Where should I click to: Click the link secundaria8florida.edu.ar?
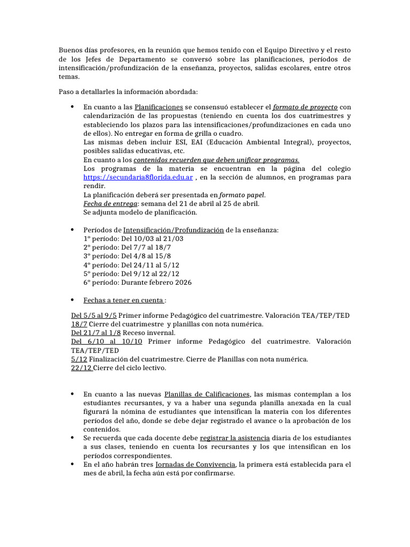[x=139, y=177]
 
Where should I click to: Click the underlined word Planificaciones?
[x=159, y=107]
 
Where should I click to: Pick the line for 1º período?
[x=133, y=238]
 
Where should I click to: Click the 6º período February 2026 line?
[x=138, y=282]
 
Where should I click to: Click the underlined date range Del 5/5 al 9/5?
[x=95, y=316]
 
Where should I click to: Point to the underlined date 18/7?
[x=79, y=324]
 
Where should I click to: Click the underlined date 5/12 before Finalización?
[x=79, y=360]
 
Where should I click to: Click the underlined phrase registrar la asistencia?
[x=235, y=437]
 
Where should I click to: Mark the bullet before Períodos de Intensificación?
[x=72, y=230]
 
